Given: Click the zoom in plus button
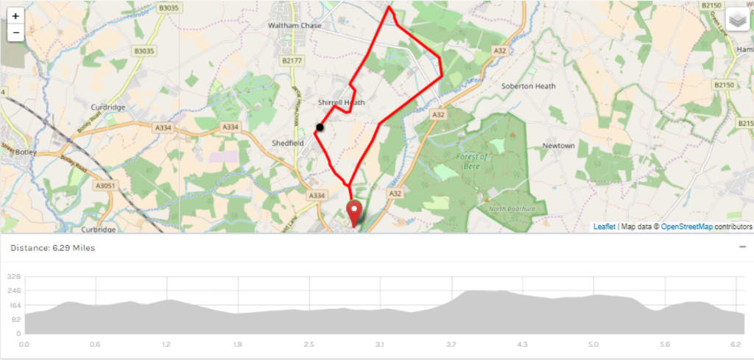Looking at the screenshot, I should coord(15,15).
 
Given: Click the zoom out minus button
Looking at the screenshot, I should coord(15,33).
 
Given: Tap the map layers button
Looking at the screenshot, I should coord(737,21).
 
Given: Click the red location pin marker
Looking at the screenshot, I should coord(354,212).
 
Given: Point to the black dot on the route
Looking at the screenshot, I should coord(320,127).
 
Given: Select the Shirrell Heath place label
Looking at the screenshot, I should coord(341,102).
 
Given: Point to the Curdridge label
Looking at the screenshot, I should coord(108,107).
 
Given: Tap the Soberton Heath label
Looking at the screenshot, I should coord(528,86).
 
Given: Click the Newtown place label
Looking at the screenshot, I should coord(558,146).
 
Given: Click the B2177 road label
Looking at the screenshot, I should coord(292,60).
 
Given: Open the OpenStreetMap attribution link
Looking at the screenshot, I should coord(686,227).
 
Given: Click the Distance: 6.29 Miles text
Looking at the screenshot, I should coord(52,248).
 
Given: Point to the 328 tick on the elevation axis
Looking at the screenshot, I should coord(14,278).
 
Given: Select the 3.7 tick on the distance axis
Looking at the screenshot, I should coord(451,344).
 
